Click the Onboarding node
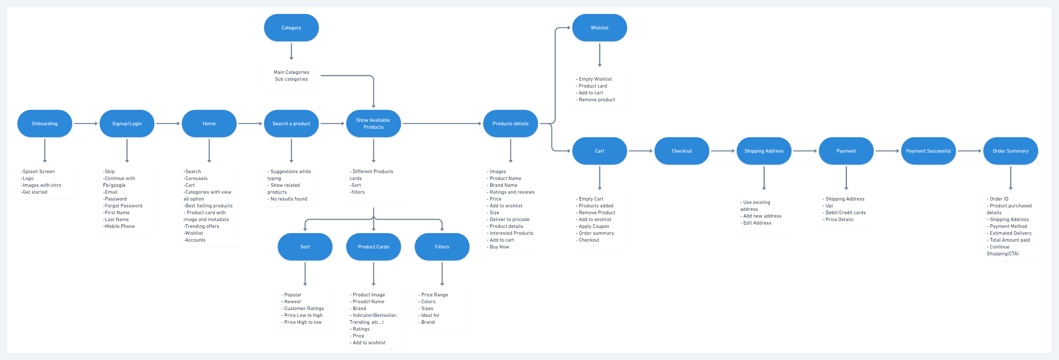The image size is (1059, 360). point(45,123)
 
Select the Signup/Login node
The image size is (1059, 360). point(127,123)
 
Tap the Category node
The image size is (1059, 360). point(291,28)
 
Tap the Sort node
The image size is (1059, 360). point(305,247)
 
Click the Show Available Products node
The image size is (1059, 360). point(374,123)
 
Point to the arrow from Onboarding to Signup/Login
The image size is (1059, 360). point(86,123)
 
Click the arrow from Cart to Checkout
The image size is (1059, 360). point(640,151)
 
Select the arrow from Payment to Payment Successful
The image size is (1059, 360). point(887,151)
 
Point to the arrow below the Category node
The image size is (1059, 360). point(291,51)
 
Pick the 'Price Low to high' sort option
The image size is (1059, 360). point(302,316)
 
